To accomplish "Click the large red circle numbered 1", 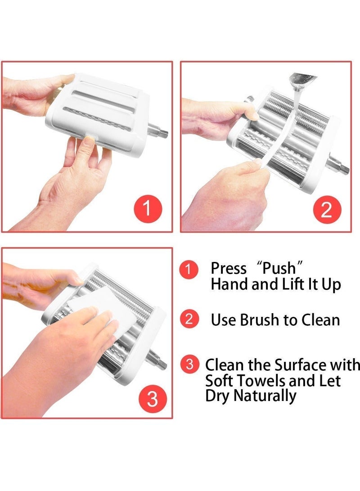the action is pyautogui.click(x=148, y=209).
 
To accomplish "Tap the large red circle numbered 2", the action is pyautogui.click(x=327, y=209).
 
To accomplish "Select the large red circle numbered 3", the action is pyautogui.click(x=152, y=399).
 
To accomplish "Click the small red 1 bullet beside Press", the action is pyautogui.click(x=189, y=269).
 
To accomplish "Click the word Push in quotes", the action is pyautogui.click(x=279, y=268).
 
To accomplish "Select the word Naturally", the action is pyautogui.click(x=265, y=396).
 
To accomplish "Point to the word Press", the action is pyautogui.click(x=229, y=268).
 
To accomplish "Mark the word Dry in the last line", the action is pyautogui.click(x=217, y=396).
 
